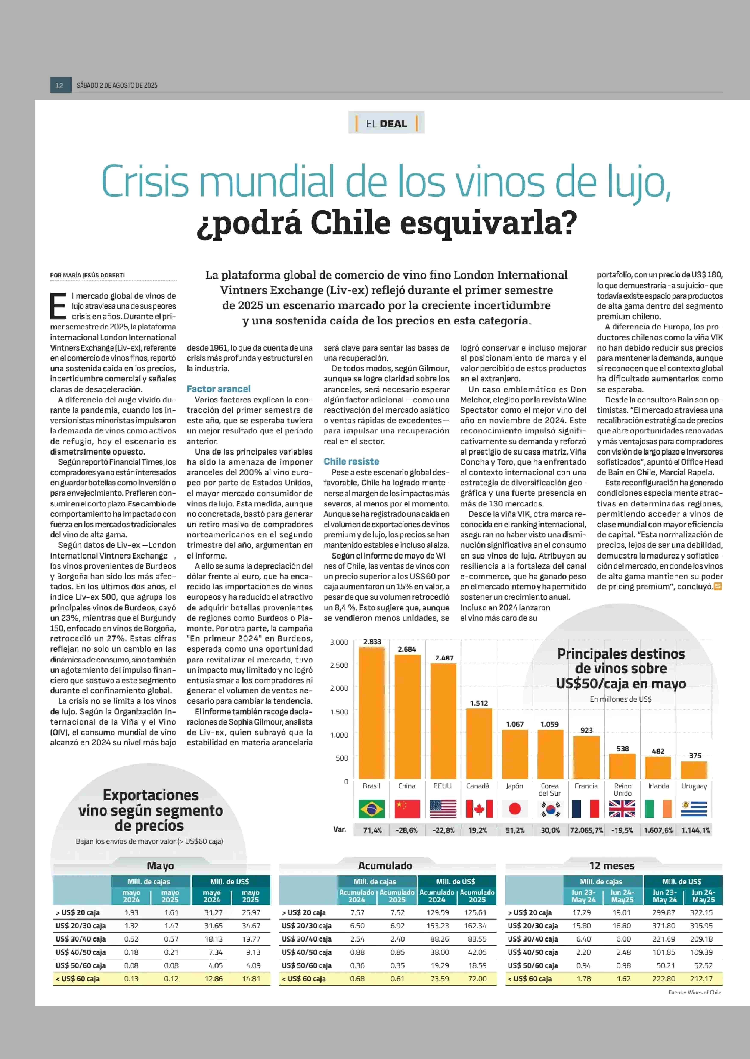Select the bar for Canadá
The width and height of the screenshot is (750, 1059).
coord(479,744)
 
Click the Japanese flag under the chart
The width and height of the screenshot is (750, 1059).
coord(514,808)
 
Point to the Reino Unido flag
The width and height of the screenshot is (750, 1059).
coord(622,808)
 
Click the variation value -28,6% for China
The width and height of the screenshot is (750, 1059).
coord(406,830)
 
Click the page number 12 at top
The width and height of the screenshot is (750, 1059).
coord(59,85)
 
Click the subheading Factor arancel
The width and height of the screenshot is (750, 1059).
coord(219,389)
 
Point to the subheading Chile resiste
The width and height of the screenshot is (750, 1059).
coord(351,461)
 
